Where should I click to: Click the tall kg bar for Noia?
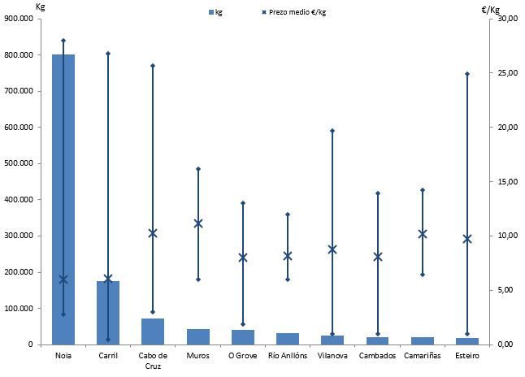[63, 199]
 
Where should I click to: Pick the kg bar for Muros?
[198, 336]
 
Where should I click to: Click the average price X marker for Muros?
[198, 223]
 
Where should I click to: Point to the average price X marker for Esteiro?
[467, 239]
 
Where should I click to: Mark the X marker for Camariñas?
[423, 234]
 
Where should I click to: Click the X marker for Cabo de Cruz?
[153, 233]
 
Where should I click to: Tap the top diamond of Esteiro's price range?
[467, 74]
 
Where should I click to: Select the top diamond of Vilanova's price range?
[332, 131]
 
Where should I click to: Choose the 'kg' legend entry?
[215, 12]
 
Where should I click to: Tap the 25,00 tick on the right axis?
[506, 73]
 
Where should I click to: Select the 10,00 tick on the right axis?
[506, 236]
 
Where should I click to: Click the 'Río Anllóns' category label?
[288, 356]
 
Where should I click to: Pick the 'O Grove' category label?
[243, 356]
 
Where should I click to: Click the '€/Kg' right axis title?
[491, 10]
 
